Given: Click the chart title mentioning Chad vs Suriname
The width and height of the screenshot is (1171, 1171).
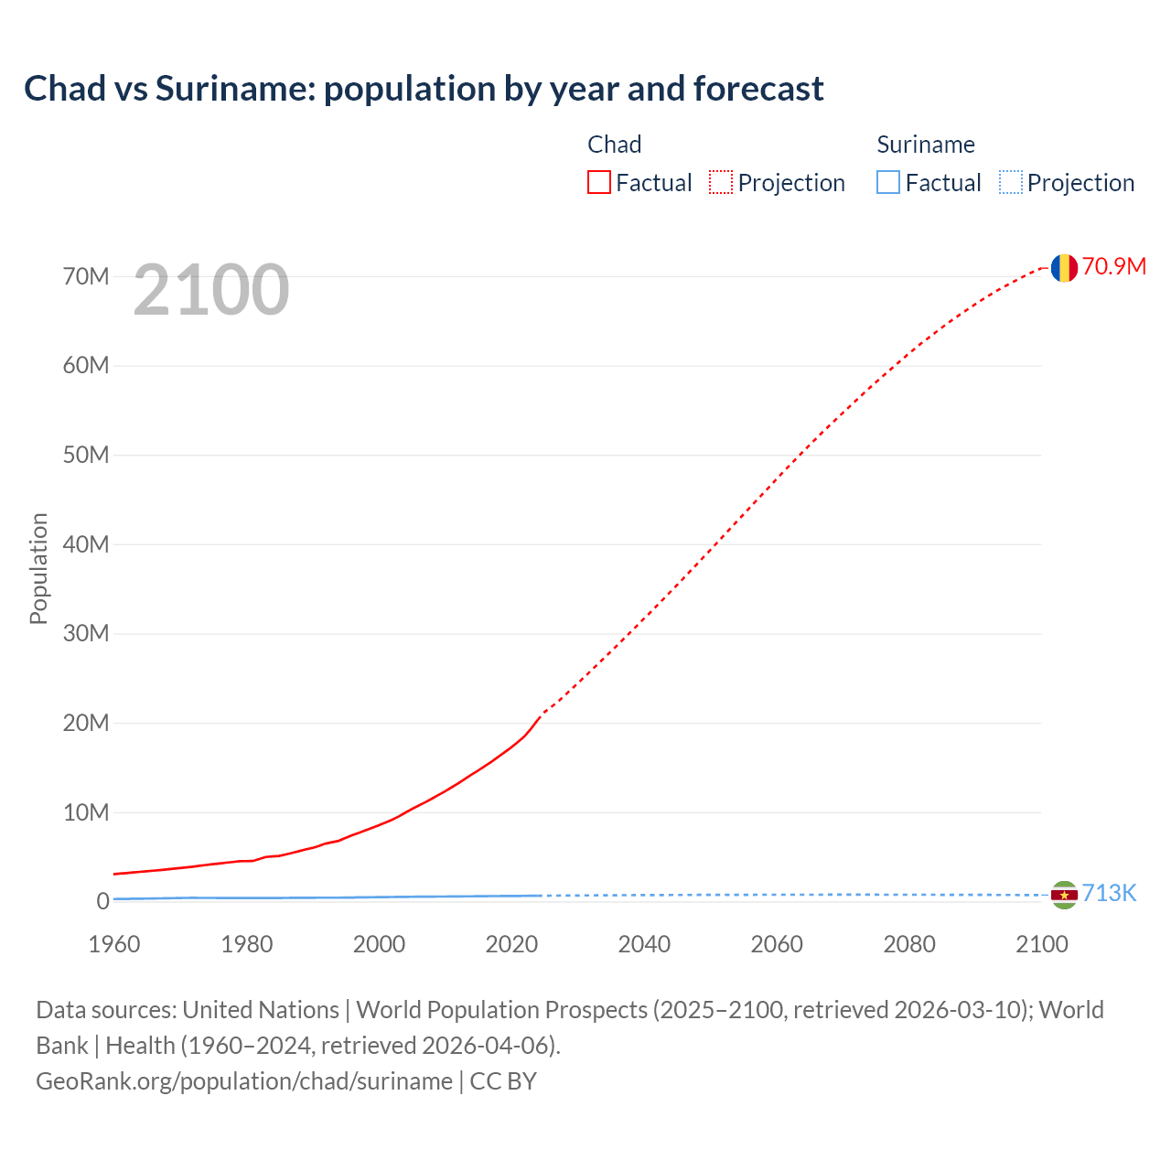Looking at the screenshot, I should [424, 89].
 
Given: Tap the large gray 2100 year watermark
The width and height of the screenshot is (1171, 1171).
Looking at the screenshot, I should [211, 290].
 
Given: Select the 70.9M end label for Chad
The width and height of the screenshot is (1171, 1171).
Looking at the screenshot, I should [1113, 266].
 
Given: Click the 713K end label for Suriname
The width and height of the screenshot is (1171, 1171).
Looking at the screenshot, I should [1109, 894].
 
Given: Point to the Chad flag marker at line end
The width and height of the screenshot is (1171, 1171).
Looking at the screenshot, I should [1063, 268].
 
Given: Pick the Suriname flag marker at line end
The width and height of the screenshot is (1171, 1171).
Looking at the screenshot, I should [1063, 895].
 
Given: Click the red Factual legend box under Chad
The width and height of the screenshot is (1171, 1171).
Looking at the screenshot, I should [599, 182].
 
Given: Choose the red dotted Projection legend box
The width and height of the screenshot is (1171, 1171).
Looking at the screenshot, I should [721, 182].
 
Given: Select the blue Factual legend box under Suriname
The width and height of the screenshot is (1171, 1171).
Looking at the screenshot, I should [888, 182].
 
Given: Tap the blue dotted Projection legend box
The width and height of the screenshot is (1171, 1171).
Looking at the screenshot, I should [1011, 182].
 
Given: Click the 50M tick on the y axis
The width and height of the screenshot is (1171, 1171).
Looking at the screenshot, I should [86, 455].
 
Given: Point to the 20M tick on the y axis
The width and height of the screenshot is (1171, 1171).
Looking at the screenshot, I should [86, 723].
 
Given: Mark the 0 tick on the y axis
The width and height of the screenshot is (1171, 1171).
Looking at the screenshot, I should [102, 901].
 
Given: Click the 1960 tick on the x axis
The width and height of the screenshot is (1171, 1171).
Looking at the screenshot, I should [114, 944].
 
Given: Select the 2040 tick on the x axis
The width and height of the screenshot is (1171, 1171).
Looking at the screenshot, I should [644, 944].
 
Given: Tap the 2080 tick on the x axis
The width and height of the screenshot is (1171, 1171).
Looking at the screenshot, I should [909, 944].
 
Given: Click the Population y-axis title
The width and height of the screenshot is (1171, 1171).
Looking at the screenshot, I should [38, 568].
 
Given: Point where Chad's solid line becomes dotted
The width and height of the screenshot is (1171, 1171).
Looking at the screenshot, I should [542, 714].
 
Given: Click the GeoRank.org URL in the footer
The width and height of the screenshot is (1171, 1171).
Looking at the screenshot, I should [244, 1081].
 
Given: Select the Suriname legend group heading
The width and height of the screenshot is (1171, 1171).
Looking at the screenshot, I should [926, 145].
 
